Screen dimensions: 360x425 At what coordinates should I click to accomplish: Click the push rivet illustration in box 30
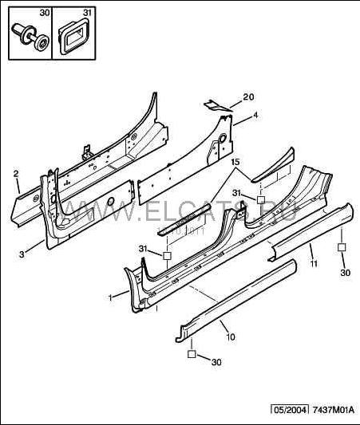(31, 37)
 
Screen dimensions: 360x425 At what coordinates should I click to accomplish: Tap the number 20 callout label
(248, 97)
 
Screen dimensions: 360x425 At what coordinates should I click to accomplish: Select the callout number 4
(255, 116)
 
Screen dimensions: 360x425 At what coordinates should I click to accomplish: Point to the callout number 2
(16, 174)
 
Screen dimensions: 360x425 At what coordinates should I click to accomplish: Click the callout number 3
(22, 254)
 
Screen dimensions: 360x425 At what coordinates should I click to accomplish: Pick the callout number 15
(235, 163)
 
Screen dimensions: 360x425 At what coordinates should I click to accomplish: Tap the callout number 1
(110, 297)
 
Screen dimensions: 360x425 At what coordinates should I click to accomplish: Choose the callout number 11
(314, 263)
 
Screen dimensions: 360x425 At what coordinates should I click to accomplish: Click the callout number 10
(231, 337)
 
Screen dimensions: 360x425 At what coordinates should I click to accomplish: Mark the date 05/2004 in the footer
(291, 410)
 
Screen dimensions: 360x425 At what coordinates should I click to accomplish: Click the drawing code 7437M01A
(334, 410)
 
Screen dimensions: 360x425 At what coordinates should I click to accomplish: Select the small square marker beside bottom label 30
(192, 354)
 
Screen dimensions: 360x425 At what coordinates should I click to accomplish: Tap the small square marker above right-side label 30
(342, 247)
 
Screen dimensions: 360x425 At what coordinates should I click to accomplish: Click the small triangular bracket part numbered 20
(216, 105)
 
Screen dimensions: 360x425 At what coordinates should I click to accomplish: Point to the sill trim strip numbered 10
(235, 301)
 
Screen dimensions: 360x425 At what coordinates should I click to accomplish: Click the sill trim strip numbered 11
(311, 231)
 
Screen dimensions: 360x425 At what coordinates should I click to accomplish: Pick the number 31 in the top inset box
(87, 13)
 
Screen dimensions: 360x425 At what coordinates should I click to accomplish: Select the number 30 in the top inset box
(45, 13)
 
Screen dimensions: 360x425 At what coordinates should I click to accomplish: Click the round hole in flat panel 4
(222, 138)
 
